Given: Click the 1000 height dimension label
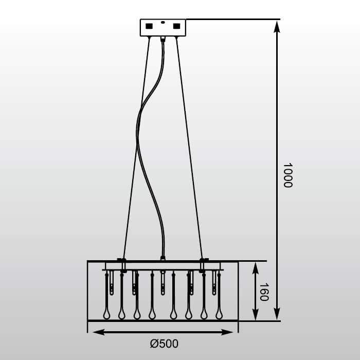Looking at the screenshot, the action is point(287,175).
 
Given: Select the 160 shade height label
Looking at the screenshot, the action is point(264,292).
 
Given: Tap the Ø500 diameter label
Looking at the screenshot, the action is point(164,344).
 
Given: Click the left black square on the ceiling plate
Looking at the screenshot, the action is point(149,26).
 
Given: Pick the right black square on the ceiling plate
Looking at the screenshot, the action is point(176,26).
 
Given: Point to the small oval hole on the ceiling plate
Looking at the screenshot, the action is point(163,23).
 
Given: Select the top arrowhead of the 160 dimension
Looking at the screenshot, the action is point(255,268).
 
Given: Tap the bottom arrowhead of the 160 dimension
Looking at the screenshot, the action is point(255,314).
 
